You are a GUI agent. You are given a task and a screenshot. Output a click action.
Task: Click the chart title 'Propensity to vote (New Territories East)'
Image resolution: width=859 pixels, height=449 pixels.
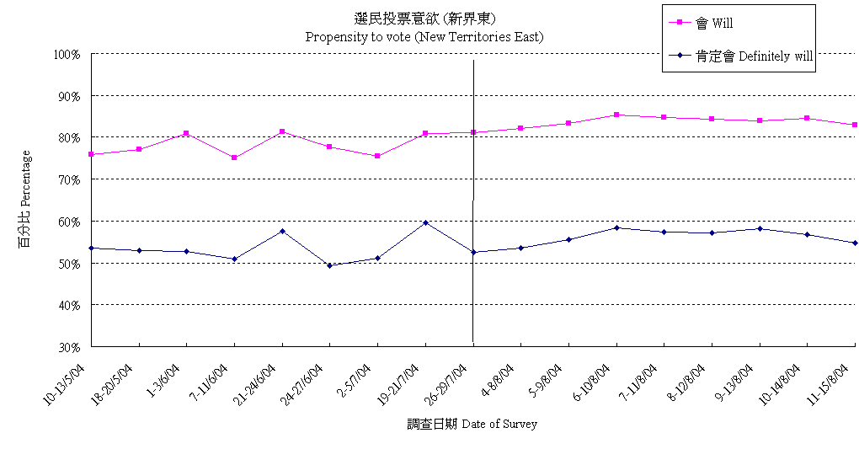click(424, 36)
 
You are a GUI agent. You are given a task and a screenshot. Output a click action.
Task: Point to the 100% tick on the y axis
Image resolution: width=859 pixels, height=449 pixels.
click(66, 54)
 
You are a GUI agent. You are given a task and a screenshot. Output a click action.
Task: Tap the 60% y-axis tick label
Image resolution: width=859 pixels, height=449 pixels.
click(67, 222)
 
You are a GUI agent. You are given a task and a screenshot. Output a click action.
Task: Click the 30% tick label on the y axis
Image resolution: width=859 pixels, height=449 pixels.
click(67, 346)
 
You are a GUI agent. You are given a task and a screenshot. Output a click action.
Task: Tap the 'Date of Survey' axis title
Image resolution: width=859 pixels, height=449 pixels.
click(472, 424)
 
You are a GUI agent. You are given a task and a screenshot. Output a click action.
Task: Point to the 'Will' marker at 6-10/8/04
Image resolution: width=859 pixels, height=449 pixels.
click(616, 115)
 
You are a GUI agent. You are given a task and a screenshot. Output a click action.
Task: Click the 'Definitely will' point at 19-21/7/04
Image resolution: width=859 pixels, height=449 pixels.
click(425, 222)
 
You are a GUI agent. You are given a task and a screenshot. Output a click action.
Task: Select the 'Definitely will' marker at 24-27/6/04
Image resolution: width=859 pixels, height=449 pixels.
click(330, 265)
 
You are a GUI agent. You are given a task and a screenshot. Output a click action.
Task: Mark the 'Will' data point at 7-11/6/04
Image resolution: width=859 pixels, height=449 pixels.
click(234, 158)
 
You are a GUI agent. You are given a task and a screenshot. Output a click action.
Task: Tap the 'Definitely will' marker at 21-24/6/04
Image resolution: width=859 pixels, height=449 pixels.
click(282, 231)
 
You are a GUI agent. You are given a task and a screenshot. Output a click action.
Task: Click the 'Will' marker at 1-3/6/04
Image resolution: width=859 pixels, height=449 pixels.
click(186, 133)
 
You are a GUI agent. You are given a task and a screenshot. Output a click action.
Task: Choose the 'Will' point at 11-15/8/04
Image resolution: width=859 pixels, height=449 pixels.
click(854, 125)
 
